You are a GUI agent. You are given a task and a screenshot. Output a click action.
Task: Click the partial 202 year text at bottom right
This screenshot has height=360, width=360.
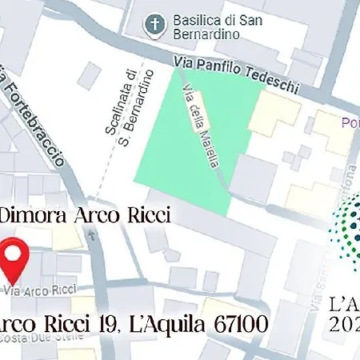345,326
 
